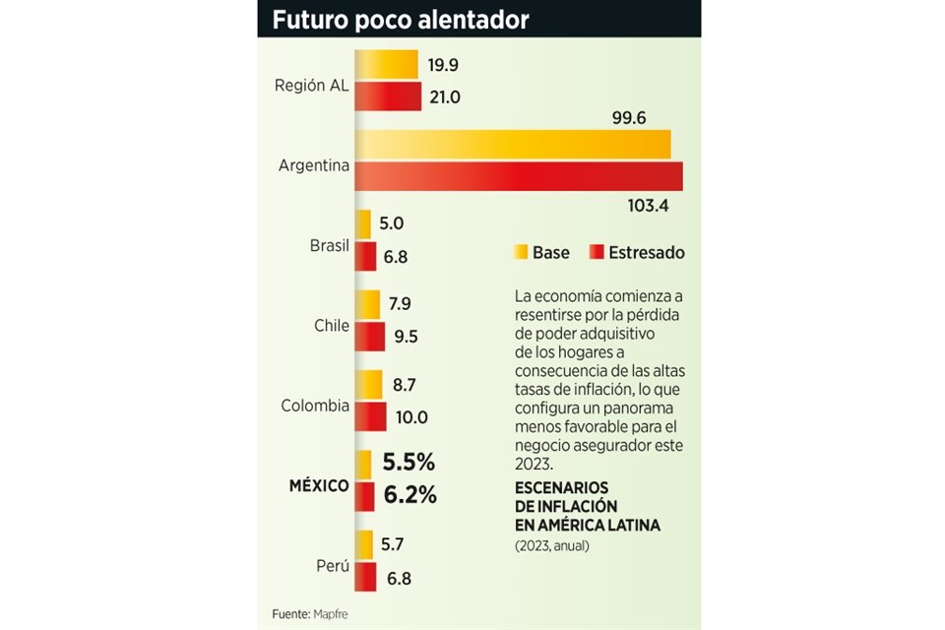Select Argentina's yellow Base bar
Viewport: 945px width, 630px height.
(512, 144)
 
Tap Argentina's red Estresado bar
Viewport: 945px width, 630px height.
(518, 176)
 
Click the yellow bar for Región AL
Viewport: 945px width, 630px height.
(386, 65)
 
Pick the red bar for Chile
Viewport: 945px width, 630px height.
(369, 337)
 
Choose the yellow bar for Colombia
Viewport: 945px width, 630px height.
(368, 384)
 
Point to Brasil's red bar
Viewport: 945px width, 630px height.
(365, 257)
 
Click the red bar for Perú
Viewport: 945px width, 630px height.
(365, 577)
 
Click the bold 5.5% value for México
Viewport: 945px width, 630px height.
(408, 462)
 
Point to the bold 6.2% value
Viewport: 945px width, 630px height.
(409, 494)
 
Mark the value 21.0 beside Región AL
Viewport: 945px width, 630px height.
(444, 96)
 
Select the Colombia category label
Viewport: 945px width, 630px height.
(315, 406)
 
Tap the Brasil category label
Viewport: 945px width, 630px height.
(330, 245)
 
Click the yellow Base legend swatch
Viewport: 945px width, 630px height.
(520, 252)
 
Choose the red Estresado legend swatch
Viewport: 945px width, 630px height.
(596, 252)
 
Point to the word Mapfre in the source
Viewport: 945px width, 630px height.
(330, 614)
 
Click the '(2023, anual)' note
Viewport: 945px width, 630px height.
(552, 544)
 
